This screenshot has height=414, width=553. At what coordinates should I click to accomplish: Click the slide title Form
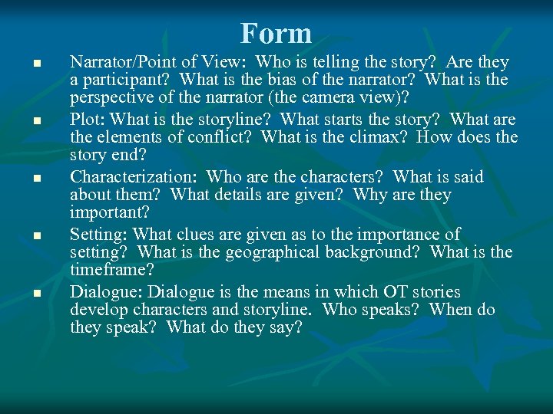pyautogui.click(x=276, y=33)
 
